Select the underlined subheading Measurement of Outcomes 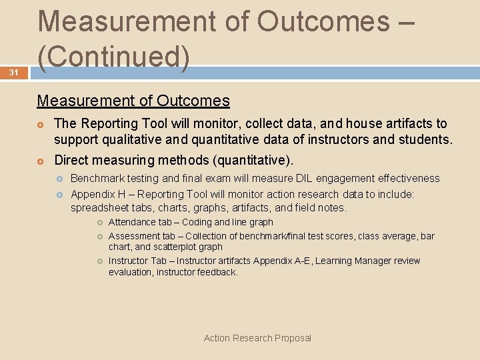[x=133, y=101]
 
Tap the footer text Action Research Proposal [x=257, y=338]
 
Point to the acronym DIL [x=304, y=179]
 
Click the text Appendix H [x=96, y=193]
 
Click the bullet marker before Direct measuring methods [x=41, y=161]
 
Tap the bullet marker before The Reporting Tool [x=41, y=125]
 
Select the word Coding [x=197, y=222]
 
